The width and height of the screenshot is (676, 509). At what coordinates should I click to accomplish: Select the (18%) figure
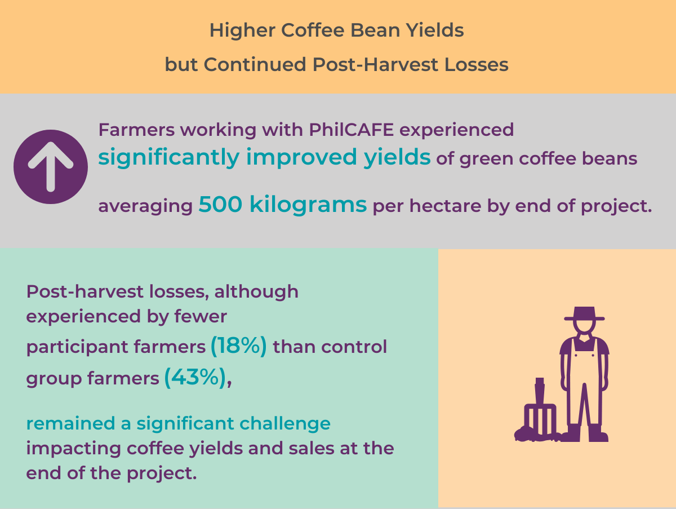(x=238, y=346)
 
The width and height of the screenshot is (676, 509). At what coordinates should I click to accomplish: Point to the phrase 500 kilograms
(x=282, y=205)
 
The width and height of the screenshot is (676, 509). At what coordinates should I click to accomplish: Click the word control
(x=354, y=347)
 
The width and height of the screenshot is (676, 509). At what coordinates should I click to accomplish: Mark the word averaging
(x=145, y=207)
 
